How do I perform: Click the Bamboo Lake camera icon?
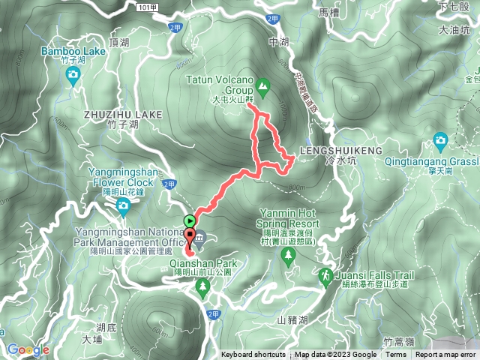click(x=73, y=73)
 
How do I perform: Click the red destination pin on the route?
click(x=189, y=239)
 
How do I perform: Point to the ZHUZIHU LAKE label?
click(x=123, y=114)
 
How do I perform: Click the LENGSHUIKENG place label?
click(x=336, y=150)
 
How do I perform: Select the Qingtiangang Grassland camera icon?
click(x=440, y=139)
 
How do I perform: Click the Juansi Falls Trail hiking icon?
click(x=325, y=276)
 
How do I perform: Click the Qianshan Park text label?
click(x=203, y=264)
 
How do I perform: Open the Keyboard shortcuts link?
click(x=253, y=355)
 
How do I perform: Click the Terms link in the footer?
click(x=395, y=355)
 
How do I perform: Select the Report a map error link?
click(x=447, y=355)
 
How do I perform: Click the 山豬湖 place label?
click(x=292, y=320)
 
